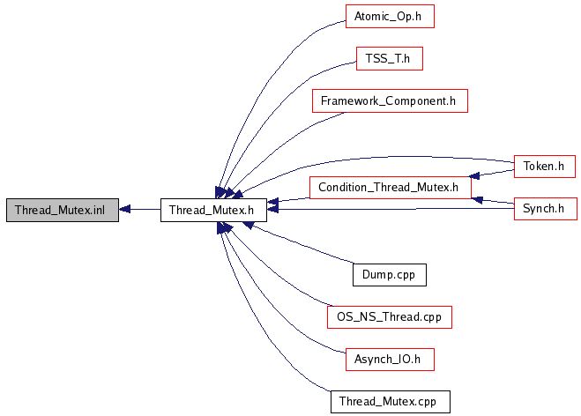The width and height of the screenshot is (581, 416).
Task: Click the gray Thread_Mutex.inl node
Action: pyautogui.click(x=61, y=210)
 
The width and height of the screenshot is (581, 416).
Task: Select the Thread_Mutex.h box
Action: pyautogui.click(x=213, y=210)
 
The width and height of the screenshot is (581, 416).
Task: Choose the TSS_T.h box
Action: pyautogui.click(x=389, y=59)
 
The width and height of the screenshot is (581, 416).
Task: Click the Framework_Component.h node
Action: pyautogui.click(x=389, y=101)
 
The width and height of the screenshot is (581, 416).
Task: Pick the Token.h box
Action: pyautogui.click(x=544, y=165)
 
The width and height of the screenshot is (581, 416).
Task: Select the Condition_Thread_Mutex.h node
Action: pyautogui.click(x=389, y=187)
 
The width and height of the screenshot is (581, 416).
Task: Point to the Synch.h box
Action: pyautogui.click(x=544, y=209)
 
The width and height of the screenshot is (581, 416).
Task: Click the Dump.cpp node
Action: pyautogui.click(x=389, y=274)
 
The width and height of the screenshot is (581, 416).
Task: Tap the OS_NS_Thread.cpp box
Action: pyautogui.click(x=389, y=316)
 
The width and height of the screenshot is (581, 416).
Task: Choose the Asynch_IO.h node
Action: pyautogui.click(x=389, y=359)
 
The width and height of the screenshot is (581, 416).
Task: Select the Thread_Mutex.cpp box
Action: pyautogui.click(x=389, y=402)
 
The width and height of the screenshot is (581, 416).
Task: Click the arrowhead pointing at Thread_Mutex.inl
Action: pyautogui.click(x=124, y=210)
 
